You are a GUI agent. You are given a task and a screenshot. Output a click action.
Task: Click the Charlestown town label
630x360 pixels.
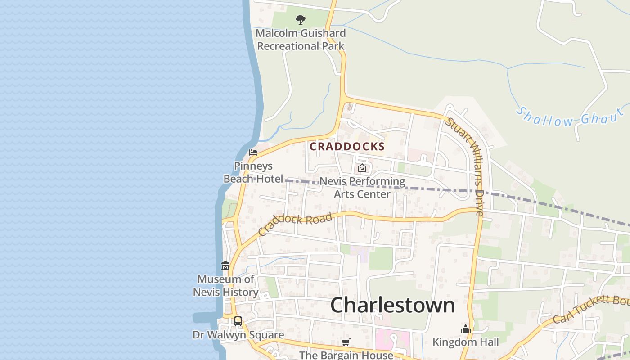pyautogui.click(x=392, y=305)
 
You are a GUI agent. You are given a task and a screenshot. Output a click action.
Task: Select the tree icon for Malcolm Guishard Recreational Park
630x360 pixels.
pyautogui.click(x=300, y=20)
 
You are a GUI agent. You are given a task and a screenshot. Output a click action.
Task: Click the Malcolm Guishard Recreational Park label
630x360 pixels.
pyautogui.click(x=301, y=40)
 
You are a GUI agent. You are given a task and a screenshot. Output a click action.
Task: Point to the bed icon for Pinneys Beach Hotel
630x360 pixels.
pyautogui.click(x=253, y=153)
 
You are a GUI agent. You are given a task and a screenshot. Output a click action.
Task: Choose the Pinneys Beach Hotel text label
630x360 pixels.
pyautogui.click(x=253, y=172)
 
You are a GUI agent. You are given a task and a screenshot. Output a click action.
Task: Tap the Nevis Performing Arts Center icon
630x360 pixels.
pyautogui.click(x=362, y=169)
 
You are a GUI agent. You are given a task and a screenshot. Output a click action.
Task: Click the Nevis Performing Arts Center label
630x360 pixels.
pyautogui.click(x=362, y=188)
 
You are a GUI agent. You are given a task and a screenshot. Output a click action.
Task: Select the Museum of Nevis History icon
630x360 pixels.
pyautogui.click(x=225, y=266)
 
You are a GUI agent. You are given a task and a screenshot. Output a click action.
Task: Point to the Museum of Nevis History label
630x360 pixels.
pyautogui.click(x=225, y=286)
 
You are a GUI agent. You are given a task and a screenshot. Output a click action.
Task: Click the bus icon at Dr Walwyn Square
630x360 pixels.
pyautogui.click(x=238, y=321)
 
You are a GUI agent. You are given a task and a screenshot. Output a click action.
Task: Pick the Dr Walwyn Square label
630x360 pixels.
pyautogui.click(x=238, y=335)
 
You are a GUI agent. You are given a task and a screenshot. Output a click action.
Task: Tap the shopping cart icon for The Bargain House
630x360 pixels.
pyautogui.click(x=346, y=342)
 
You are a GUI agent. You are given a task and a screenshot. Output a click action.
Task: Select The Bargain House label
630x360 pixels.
pyautogui.click(x=346, y=355)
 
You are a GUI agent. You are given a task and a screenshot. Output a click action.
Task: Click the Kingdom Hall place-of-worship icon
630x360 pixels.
pyautogui.click(x=466, y=329)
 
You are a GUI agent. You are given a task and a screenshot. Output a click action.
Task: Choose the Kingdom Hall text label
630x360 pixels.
pyautogui.click(x=466, y=342)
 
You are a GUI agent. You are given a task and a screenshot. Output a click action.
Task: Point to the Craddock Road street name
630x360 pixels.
pyautogui.click(x=295, y=224)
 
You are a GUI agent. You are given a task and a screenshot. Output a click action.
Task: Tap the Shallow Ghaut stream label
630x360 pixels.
pyautogui.click(x=570, y=117)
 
